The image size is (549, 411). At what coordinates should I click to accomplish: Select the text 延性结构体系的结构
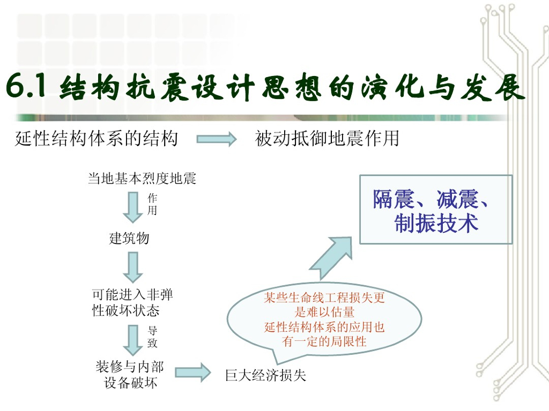click(97, 139)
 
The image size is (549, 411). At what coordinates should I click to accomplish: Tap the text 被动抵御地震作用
click(327, 139)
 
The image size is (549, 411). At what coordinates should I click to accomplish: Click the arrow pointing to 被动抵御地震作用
click(217, 140)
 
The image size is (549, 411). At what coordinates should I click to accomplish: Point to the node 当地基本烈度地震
click(142, 178)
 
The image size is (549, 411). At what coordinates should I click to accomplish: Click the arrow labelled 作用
click(132, 207)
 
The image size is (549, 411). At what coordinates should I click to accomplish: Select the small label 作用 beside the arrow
click(152, 204)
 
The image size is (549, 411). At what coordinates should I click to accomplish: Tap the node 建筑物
click(129, 238)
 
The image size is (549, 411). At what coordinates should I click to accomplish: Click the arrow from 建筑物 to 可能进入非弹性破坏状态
click(132, 267)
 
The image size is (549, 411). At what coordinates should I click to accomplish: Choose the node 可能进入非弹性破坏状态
click(132, 302)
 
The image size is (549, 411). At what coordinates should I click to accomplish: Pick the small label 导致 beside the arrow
click(152, 337)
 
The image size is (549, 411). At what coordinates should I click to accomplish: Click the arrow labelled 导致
click(132, 337)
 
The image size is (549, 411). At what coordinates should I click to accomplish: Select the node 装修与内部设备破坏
click(130, 375)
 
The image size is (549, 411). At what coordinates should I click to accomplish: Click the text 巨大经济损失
click(265, 375)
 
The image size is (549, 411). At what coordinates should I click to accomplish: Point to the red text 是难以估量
click(324, 313)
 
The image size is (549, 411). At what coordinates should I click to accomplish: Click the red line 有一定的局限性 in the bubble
click(324, 341)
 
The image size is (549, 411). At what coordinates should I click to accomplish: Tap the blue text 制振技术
click(436, 224)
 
